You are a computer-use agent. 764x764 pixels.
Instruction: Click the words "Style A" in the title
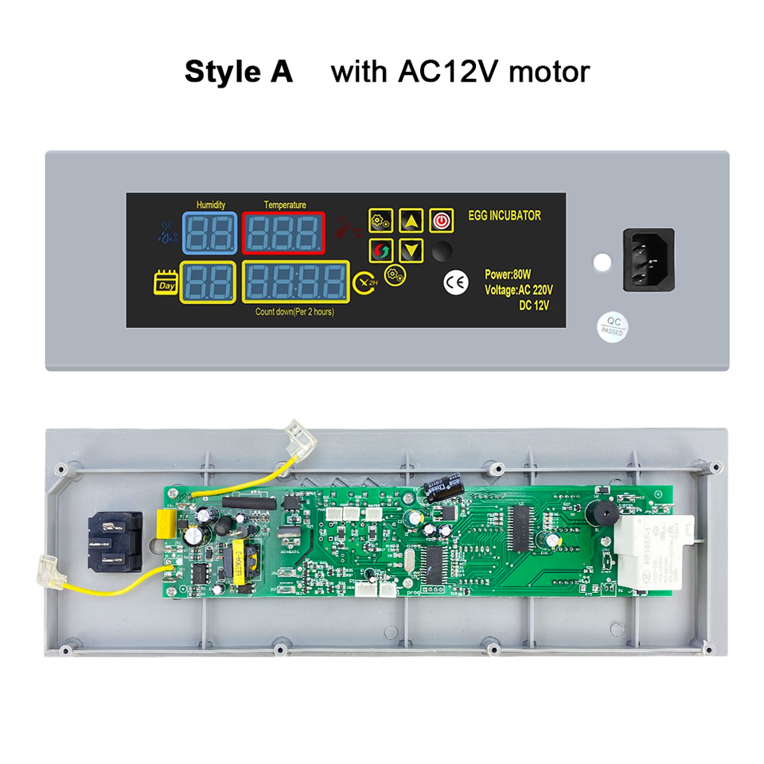click(239, 72)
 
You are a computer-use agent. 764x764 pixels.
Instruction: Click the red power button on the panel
click(441, 220)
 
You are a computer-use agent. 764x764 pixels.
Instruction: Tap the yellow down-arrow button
click(411, 251)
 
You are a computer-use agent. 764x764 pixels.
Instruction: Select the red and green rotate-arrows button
click(381, 251)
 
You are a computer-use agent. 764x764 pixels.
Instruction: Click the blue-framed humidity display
click(209, 233)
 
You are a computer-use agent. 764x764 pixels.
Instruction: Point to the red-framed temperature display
click(284, 233)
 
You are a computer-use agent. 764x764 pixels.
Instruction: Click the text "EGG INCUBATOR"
click(504, 216)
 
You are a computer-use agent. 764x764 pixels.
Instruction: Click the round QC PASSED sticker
click(612, 325)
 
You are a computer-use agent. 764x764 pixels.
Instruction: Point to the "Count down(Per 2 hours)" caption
click(294, 312)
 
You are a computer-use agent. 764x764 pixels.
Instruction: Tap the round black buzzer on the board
click(598, 513)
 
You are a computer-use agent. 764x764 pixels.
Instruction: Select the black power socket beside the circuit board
click(115, 541)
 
